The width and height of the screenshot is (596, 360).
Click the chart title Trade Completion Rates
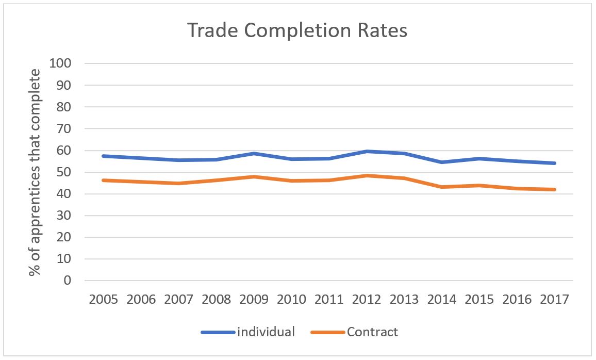click(x=297, y=30)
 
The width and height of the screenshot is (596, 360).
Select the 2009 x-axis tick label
click(x=254, y=300)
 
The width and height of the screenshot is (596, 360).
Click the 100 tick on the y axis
click(x=60, y=63)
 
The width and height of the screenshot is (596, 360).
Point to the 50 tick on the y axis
click(x=64, y=172)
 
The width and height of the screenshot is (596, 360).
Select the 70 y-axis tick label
click(x=64, y=129)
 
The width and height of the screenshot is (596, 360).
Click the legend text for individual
click(x=266, y=332)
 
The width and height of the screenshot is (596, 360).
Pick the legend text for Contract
click(x=372, y=332)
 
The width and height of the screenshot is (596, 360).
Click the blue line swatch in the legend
click(x=218, y=332)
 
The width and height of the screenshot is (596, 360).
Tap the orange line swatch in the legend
click(x=328, y=332)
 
